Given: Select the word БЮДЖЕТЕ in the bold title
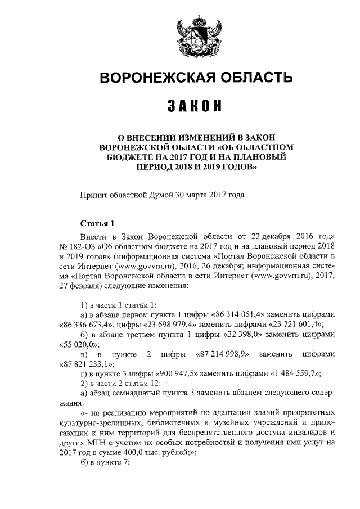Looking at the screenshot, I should pos(130,157).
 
